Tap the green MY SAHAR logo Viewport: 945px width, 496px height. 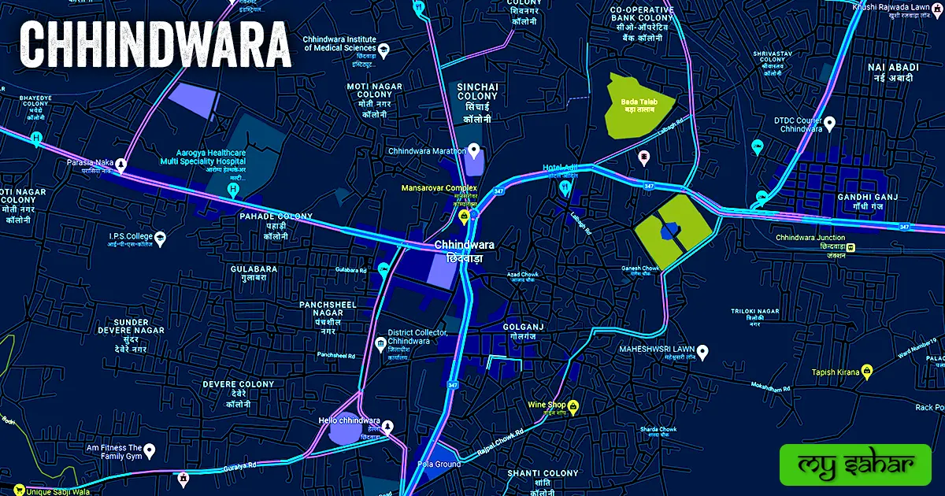coord(854,465)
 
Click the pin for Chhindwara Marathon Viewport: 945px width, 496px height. coord(473,150)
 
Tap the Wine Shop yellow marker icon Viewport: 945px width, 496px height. coord(573,406)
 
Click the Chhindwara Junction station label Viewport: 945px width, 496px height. coord(810,238)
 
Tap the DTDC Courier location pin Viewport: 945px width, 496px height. coord(829,124)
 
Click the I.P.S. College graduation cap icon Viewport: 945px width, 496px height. coord(161,236)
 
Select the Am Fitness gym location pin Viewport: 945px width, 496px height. coord(149,451)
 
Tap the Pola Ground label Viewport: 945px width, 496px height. coord(439,465)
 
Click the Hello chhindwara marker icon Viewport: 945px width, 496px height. coord(387,426)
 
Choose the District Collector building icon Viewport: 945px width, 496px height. coord(380,344)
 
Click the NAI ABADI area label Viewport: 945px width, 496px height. coord(893,68)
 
